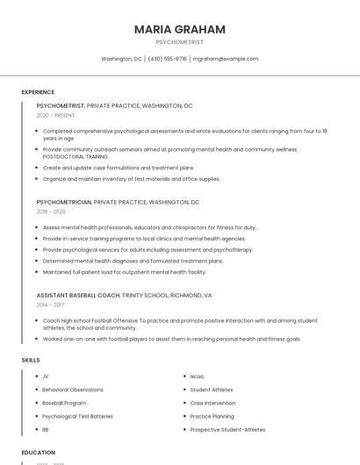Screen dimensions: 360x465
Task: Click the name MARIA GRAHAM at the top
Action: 179,29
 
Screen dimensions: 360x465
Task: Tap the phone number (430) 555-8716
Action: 167,59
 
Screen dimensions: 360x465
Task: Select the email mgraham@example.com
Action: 226,59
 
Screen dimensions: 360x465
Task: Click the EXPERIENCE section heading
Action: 38,92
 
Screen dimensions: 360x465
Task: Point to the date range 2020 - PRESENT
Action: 55,115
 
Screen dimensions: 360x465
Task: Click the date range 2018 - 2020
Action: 51,211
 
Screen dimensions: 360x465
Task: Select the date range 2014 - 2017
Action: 51,304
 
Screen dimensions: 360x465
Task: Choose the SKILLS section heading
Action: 30,360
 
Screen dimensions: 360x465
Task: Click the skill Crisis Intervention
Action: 213,403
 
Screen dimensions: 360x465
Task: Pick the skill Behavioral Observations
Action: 73,390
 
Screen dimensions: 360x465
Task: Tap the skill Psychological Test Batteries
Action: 77,416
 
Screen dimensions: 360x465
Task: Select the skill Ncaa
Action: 197,376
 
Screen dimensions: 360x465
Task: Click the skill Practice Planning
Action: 212,416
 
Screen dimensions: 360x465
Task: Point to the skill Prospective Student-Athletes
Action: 227,430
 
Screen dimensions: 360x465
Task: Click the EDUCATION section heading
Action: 38,453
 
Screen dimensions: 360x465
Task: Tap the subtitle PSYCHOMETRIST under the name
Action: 179,42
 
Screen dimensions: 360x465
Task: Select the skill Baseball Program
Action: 65,403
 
